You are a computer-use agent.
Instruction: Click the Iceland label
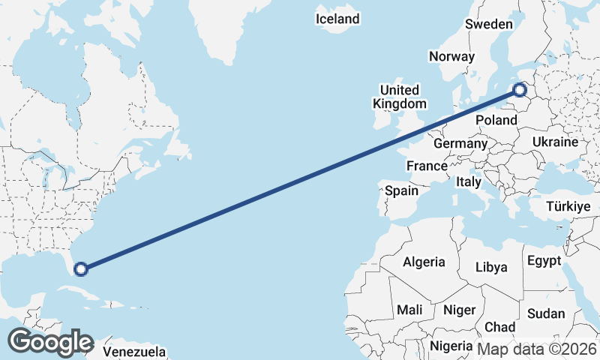[337, 19]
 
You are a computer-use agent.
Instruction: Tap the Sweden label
[488, 24]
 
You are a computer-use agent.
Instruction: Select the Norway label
[451, 56]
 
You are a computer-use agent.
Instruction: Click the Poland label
[496, 120]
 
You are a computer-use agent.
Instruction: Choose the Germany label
[460, 144]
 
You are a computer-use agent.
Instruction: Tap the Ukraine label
[555, 142]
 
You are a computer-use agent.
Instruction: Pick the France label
[427, 166]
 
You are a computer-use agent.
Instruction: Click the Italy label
[469, 181]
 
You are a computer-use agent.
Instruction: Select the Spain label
[402, 190]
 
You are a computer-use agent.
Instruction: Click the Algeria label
[424, 262]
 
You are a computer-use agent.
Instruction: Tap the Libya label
[492, 267]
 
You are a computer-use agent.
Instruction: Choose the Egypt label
[544, 261]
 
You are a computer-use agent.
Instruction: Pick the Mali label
[410, 309]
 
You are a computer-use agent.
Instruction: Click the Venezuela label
[133, 351]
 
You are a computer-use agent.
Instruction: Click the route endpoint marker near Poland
[520, 91]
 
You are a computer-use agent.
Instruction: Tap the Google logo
[50, 342]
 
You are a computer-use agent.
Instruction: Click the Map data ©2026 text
[537, 349]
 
